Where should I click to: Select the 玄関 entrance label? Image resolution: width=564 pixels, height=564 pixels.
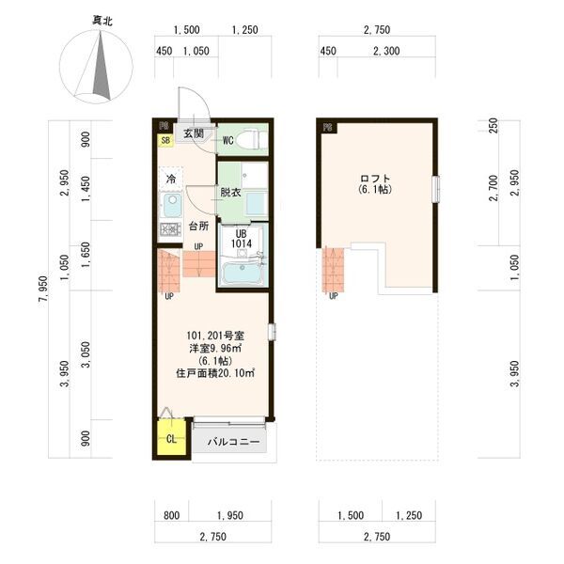click(195, 133)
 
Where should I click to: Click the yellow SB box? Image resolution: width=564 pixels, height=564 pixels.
click(165, 141)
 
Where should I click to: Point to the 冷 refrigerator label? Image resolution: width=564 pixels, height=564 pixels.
click(171, 179)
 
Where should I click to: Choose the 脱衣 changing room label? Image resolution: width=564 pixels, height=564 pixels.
click(229, 192)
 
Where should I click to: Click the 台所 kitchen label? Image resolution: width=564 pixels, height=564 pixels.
click(196, 227)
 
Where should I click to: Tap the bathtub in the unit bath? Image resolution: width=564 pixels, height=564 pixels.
click(243, 274)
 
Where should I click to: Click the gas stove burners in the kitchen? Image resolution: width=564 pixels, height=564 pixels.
click(170, 229)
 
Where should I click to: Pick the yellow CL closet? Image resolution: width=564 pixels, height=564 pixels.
click(171, 438)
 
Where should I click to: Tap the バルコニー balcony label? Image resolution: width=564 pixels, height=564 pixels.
click(230, 440)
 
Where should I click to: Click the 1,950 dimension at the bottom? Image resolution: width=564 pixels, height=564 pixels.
click(228, 515)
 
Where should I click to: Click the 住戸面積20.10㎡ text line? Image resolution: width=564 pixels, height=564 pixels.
click(215, 372)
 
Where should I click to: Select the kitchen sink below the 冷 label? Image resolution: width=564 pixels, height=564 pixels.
click(171, 205)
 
